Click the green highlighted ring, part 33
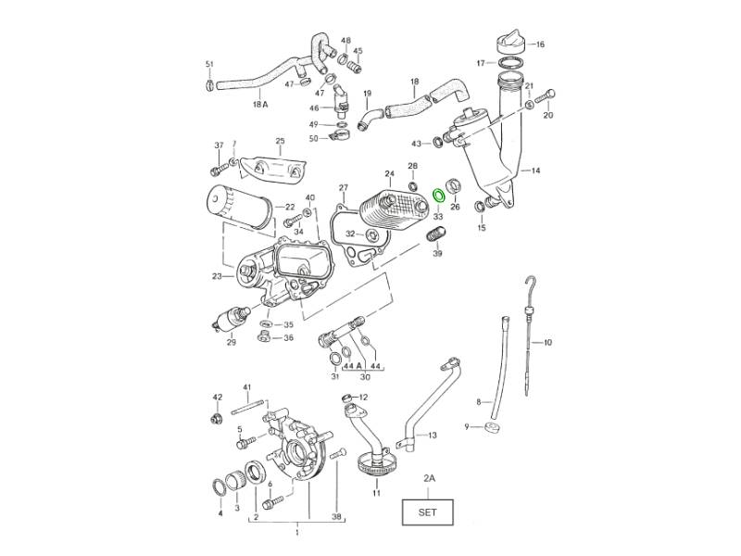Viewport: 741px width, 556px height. [440, 195]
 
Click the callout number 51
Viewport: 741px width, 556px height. [209, 63]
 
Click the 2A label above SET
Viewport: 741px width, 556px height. [429, 478]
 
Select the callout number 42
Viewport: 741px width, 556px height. [217, 397]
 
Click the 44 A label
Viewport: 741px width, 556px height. [352, 365]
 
